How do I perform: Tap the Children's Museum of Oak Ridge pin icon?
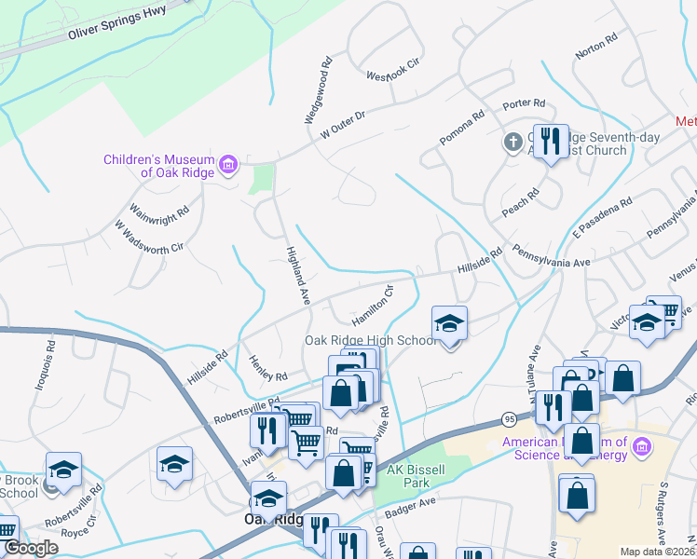[x=228, y=167]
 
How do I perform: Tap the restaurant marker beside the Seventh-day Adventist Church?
[x=551, y=142]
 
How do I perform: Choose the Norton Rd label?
[x=597, y=48]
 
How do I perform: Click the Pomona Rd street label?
[x=463, y=130]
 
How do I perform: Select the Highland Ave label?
[x=297, y=270]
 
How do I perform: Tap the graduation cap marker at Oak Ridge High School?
[x=449, y=324]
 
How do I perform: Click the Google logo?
[x=30, y=548]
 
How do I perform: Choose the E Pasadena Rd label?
[x=603, y=213]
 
